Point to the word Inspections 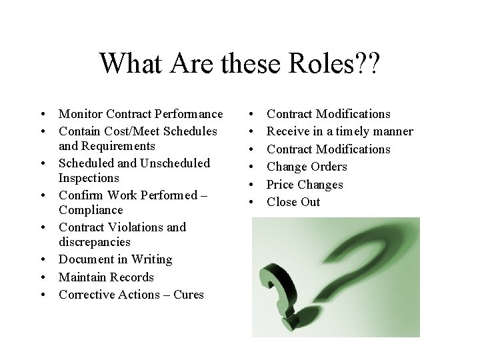[x=89, y=178]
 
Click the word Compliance [x=90, y=211]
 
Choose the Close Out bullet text [x=293, y=202]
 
